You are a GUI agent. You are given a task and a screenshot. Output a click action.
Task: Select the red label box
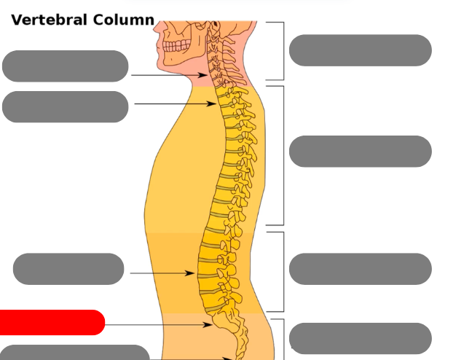coord(51,322)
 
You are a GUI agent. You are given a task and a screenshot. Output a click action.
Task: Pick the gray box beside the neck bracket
coord(360,50)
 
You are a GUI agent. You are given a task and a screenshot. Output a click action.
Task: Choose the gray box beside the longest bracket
coord(360,152)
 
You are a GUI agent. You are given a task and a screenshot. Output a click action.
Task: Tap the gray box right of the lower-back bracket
coord(360,269)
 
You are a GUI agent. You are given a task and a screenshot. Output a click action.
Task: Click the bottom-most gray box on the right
coord(360,338)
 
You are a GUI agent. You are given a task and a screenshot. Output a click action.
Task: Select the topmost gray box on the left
coord(66,66)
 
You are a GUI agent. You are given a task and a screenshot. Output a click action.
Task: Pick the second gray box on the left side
coord(66,107)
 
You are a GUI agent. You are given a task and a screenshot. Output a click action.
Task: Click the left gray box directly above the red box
coord(68,269)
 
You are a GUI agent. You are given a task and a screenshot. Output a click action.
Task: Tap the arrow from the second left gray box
coord(175,104)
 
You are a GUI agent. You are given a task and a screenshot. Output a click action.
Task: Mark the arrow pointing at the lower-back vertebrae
coord(162,274)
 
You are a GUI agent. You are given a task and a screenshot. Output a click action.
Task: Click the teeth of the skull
coord(176,45)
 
